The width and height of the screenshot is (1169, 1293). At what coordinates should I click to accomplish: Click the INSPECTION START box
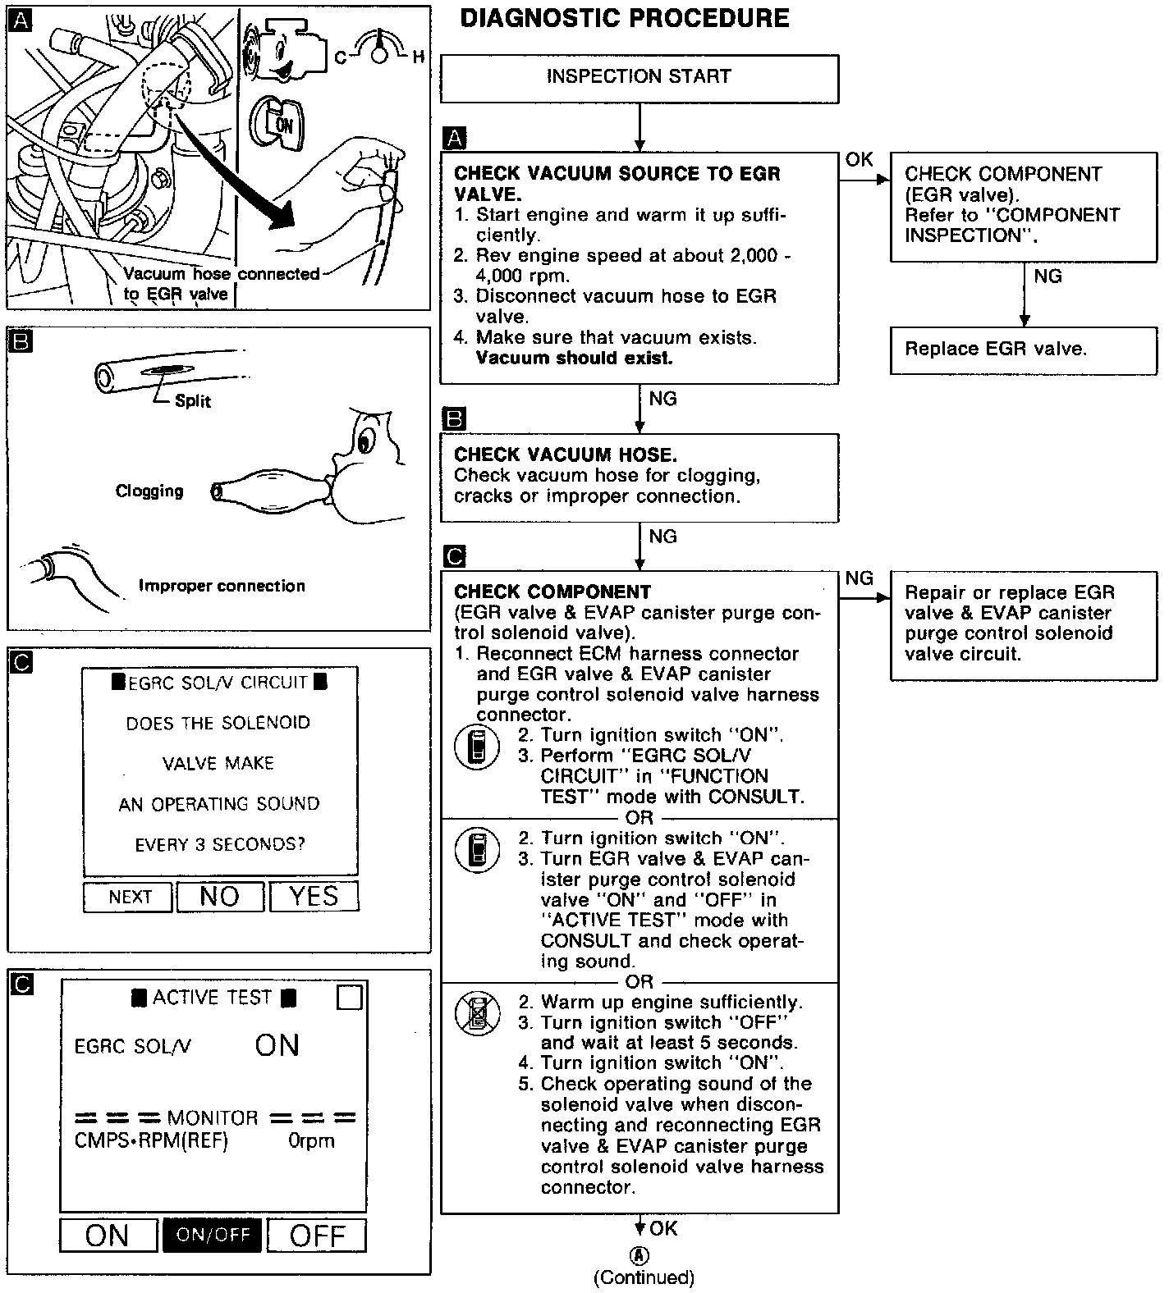pyautogui.click(x=639, y=77)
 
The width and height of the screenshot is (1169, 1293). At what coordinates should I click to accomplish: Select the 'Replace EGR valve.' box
pyautogui.click(x=1023, y=350)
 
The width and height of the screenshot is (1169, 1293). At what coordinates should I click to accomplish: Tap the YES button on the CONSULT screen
pyautogui.click(x=314, y=897)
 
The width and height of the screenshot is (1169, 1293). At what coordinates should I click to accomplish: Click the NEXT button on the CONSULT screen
pyautogui.click(x=129, y=897)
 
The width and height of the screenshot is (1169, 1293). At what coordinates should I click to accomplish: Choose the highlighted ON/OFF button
pyautogui.click(x=213, y=1235)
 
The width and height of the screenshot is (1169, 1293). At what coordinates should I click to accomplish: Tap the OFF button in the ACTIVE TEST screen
pyautogui.click(x=316, y=1235)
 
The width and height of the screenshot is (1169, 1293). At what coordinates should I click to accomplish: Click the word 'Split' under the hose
pyautogui.click(x=193, y=401)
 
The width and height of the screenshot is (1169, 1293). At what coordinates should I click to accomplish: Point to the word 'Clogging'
pyautogui.click(x=149, y=491)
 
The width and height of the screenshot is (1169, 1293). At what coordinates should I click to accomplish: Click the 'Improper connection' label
pyautogui.click(x=222, y=586)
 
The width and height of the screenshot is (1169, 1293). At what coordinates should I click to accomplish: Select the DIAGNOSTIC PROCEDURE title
pyautogui.click(x=625, y=19)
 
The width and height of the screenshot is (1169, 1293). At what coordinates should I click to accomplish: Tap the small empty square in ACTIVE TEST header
pyautogui.click(x=350, y=997)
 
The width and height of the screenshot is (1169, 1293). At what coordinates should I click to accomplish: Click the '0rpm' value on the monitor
pyautogui.click(x=311, y=1140)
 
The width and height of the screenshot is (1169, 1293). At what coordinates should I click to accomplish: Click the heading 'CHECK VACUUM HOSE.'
pyautogui.click(x=566, y=455)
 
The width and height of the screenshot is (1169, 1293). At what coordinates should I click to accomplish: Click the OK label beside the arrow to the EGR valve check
pyautogui.click(x=859, y=159)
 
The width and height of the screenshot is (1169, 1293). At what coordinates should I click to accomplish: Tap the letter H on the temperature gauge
pyautogui.click(x=418, y=57)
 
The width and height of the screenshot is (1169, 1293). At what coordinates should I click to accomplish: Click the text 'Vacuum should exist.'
pyautogui.click(x=574, y=359)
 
